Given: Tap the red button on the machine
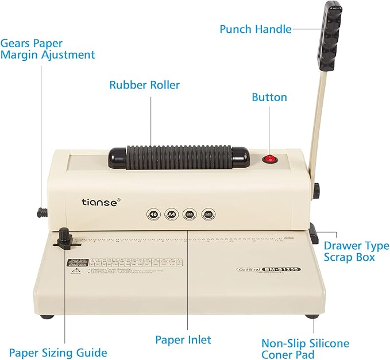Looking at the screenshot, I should (x=269, y=159).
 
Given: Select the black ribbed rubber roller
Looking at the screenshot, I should (x=179, y=156).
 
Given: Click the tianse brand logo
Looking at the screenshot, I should (x=101, y=202).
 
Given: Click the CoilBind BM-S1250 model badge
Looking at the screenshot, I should (x=268, y=268).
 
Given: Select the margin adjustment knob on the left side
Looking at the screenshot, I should (x=41, y=212).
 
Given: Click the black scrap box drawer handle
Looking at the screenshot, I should (x=315, y=234).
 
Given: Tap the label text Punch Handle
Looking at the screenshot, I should (x=256, y=29).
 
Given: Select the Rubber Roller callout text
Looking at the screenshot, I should (x=145, y=85).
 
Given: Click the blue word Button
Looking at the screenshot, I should (x=269, y=97).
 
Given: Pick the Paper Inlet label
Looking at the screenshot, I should (x=183, y=339).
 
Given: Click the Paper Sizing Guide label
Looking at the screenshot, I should (x=57, y=352).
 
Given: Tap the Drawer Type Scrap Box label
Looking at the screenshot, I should (x=356, y=251).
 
